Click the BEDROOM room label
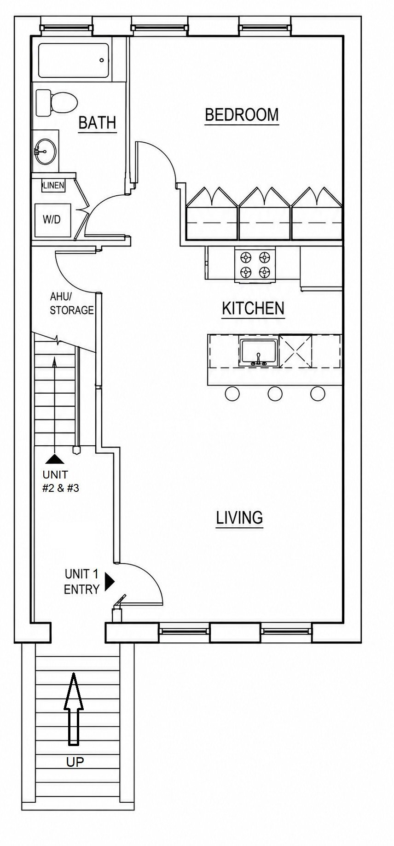(242, 115)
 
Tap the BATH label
(97, 123)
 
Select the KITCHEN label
(253, 308)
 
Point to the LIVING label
(240, 518)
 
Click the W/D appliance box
(53, 220)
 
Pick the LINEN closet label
(53, 186)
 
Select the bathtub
(74, 60)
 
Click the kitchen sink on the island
(259, 353)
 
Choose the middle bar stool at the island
(275, 393)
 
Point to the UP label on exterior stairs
(75, 762)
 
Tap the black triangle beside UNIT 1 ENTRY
(109, 581)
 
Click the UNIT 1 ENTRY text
(81, 582)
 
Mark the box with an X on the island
(295, 351)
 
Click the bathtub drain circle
(102, 60)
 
